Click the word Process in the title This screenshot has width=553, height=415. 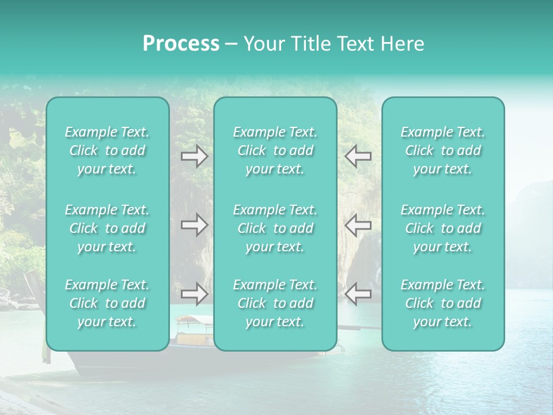[181, 44]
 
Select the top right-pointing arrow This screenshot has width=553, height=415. [195, 156]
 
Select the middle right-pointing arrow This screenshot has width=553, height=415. [195, 224]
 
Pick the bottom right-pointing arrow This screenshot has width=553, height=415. [195, 293]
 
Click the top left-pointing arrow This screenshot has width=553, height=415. [358, 156]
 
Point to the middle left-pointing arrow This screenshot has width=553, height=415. [358, 224]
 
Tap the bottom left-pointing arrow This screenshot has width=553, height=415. [358, 293]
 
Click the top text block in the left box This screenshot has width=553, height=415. [107, 150]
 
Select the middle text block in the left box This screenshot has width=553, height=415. [107, 228]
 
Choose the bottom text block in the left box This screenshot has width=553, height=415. [107, 303]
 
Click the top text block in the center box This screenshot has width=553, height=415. [275, 150]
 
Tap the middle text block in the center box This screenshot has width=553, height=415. [275, 228]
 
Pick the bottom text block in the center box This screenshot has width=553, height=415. [275, 303]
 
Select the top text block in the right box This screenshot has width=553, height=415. [443, 150]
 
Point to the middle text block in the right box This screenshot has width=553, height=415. [443, 228]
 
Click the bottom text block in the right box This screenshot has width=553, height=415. [443, 303]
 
